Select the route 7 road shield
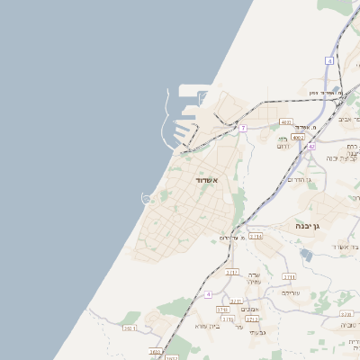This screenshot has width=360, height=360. [x=243, y=128]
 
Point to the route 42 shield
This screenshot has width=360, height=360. [x=311, y=146]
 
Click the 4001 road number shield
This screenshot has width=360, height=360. [x=286, y=121]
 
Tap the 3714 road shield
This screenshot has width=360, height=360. [x=256, y=236]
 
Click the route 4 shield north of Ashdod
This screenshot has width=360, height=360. [x=330, y=60]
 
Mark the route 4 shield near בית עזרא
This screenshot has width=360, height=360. [x=208, y=294]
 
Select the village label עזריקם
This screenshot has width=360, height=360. [x=290, y=292]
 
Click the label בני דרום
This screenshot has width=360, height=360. [x=283, y=142]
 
